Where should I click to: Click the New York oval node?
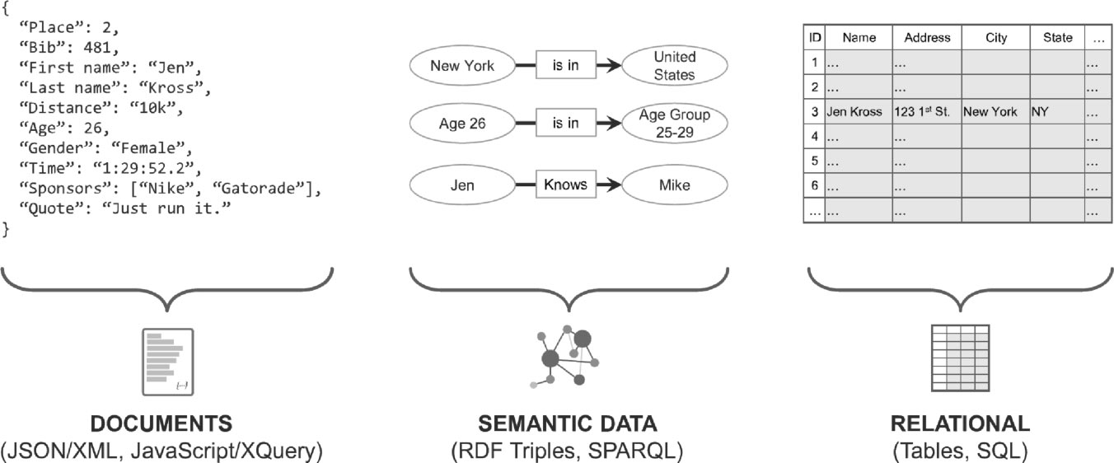pos(462,64)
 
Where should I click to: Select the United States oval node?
pos(675,65)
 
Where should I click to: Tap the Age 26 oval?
pos(462,124)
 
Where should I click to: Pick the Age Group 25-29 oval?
pos(675,124)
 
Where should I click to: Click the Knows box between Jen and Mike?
pos(565,185)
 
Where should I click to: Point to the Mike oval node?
pos(675,185)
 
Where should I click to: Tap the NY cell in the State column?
pos(1040,111)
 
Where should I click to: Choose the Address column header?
pos(927,37)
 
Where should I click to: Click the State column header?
pos(1057,37)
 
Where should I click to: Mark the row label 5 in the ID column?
pos(814,161)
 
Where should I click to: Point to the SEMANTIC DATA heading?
pos(568,424)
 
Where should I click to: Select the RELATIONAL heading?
pos(960,424)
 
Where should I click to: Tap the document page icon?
pos(167,361)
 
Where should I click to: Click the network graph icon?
pos(566,356)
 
